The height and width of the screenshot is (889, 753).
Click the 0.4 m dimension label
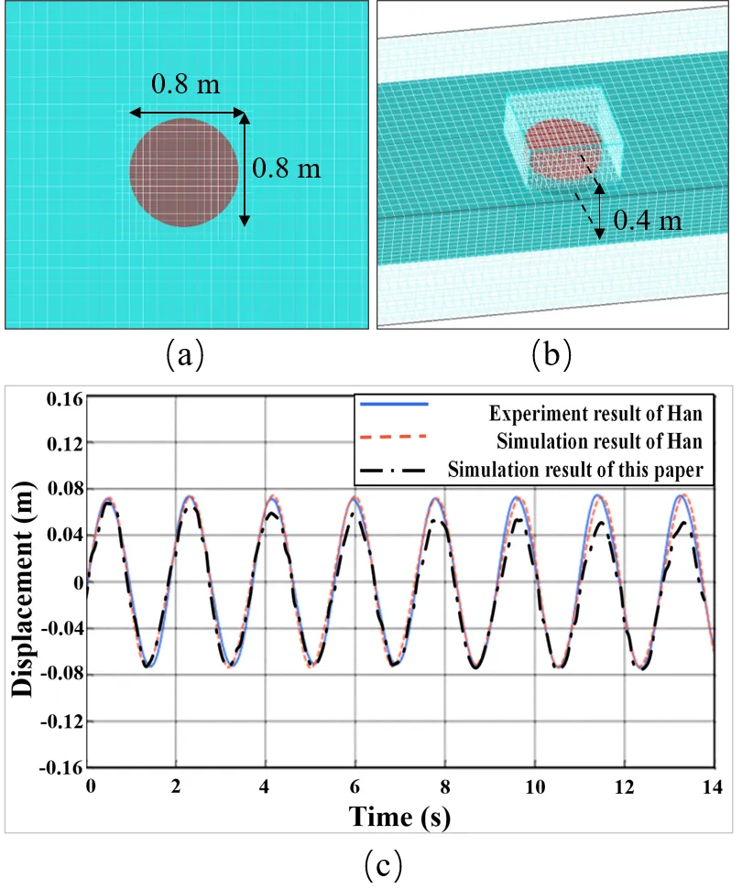pos(648,220)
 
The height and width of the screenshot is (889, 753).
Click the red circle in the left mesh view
pos(184,172)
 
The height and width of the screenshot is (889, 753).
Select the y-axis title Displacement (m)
pos(27,584)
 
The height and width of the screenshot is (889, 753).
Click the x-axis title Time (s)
pos(400,817)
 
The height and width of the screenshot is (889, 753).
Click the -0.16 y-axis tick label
pos(61,768)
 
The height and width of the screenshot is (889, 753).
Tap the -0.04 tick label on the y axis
pos(61,629)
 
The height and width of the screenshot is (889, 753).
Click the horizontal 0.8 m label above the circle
pos(186,85)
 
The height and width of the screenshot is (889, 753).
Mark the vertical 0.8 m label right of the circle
pos(287,168)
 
